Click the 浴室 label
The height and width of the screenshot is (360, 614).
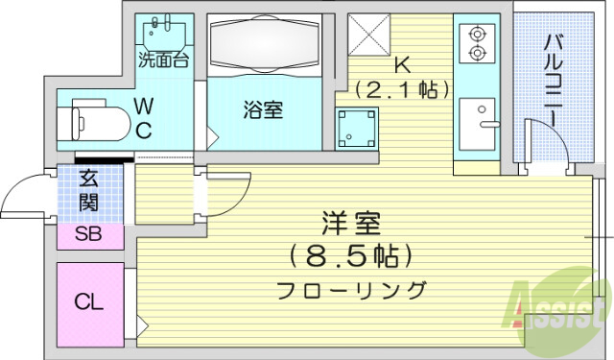pyautogui.click(x=262, y=109)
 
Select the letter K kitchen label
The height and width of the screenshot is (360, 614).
pyautogui.click(x=403, y=65)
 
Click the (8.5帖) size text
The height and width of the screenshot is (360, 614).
pyautogui.click(x=351, y=256)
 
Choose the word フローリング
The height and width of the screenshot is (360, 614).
pyautogui.click(x=351, y=288)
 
